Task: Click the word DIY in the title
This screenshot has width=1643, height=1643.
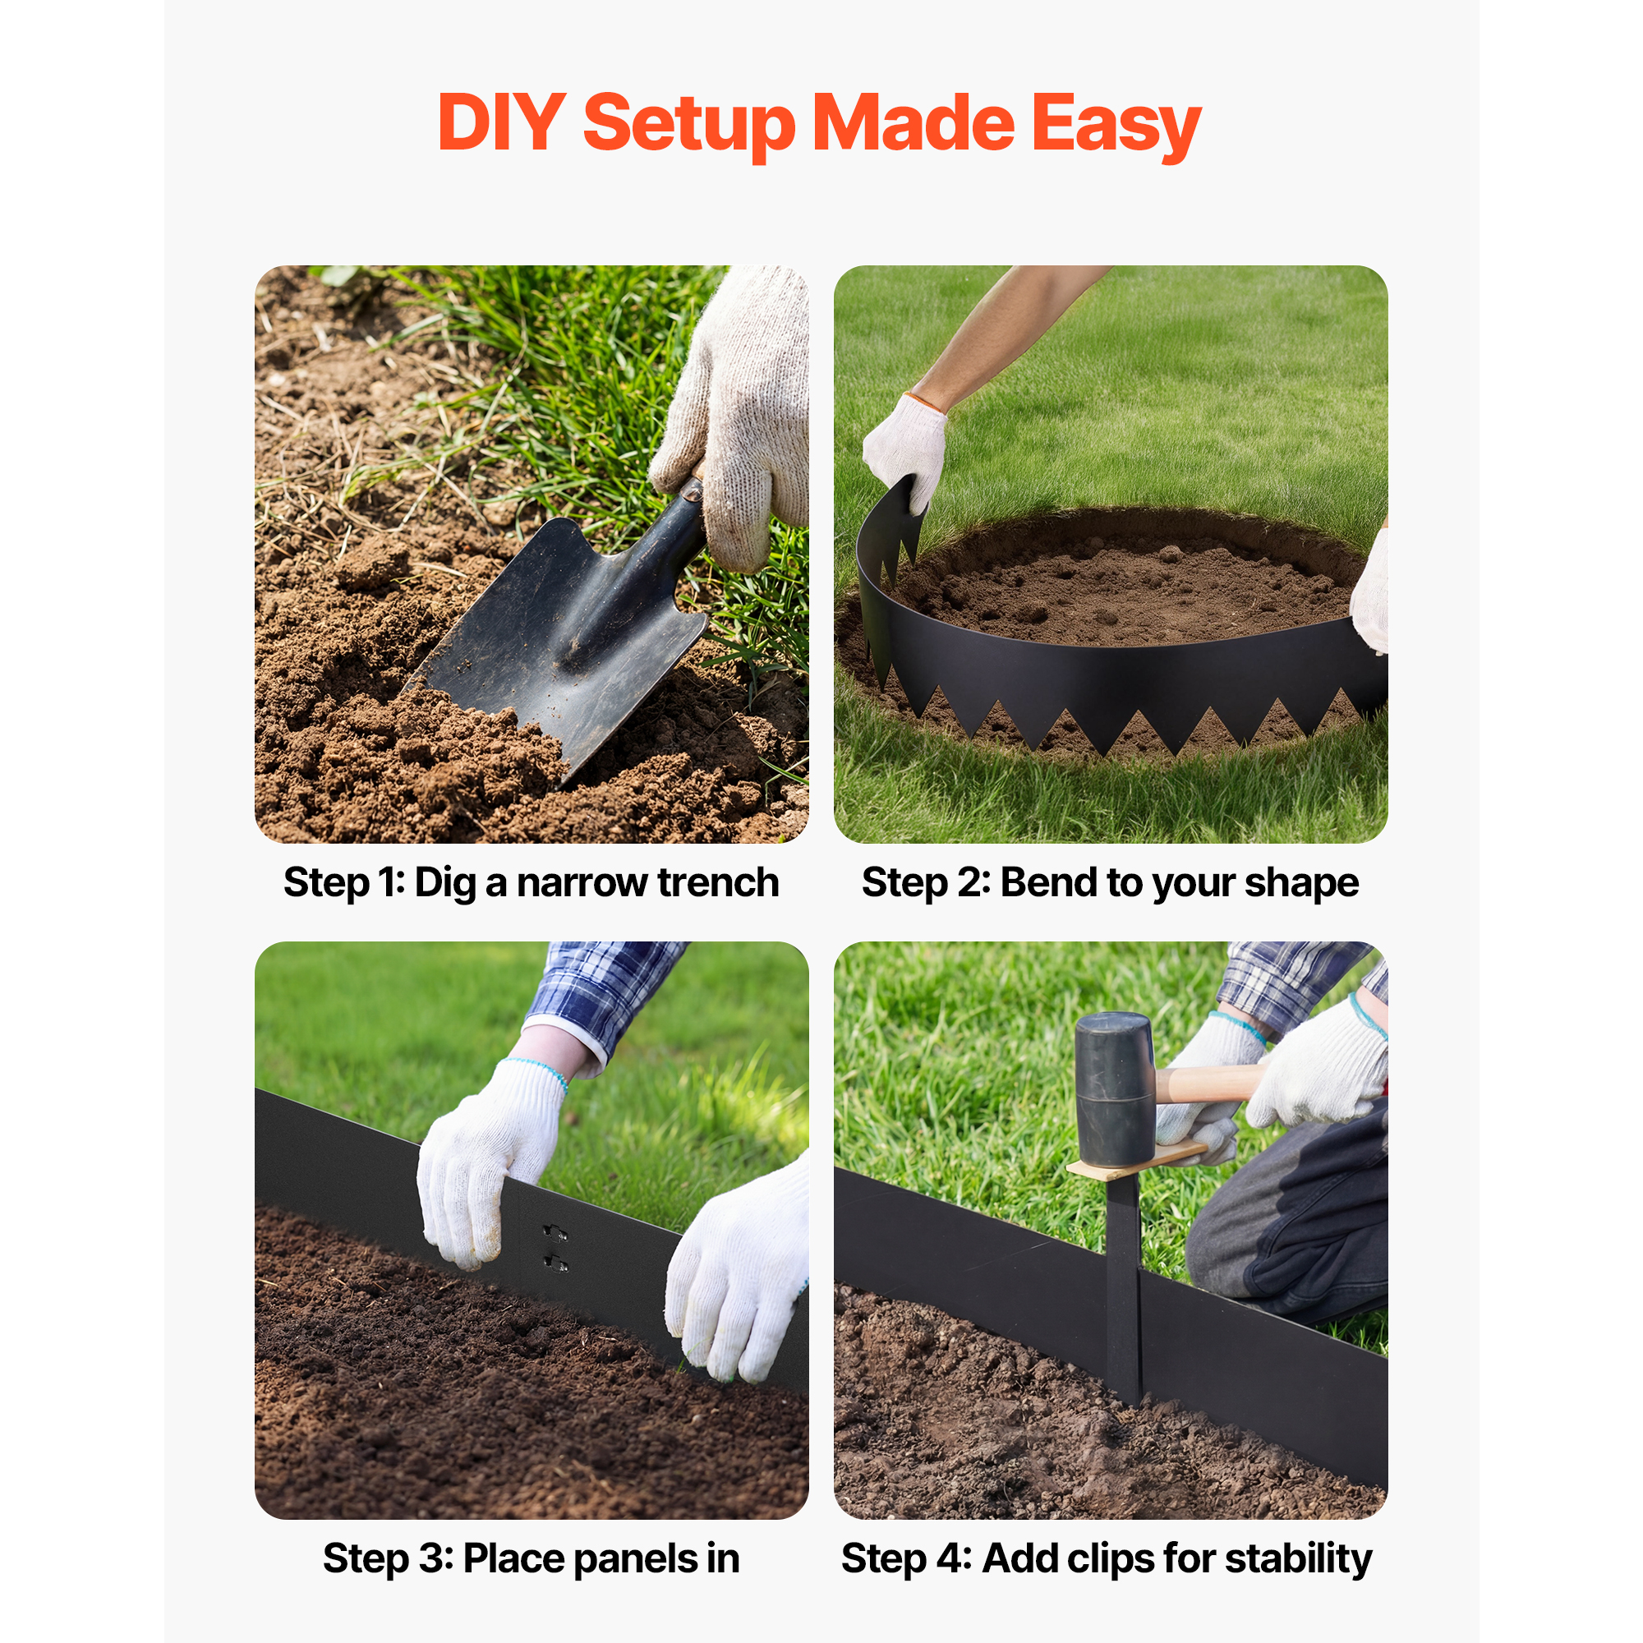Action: tap(501, 122)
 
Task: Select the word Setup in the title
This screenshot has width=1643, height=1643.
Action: tap(689, 126)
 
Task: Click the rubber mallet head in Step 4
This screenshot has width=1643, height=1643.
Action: tap(1115, 1089)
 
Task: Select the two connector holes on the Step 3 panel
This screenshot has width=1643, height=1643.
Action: tap(555, 1248)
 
